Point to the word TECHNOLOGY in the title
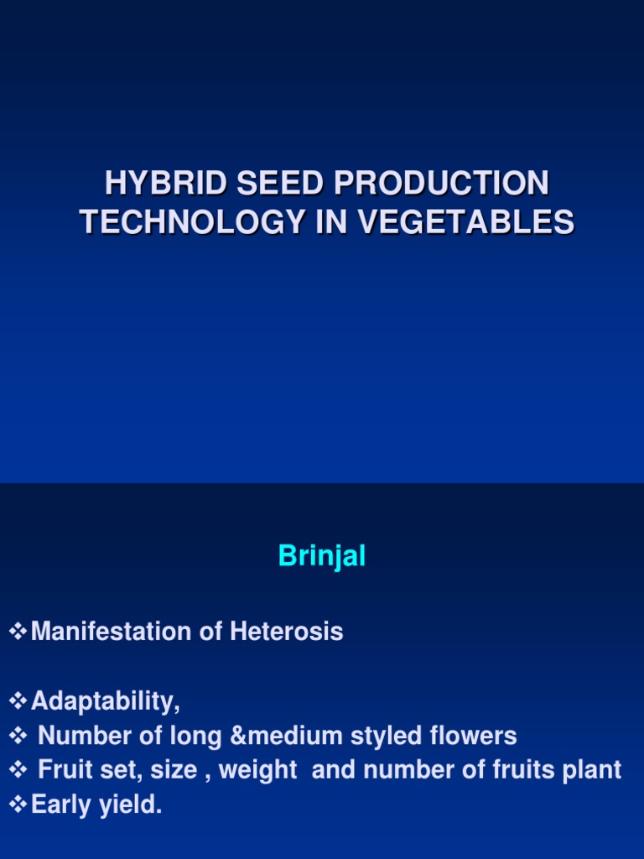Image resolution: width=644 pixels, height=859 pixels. click(x=191, y=222)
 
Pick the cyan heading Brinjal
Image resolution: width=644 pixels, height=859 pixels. click(x=322, y=556)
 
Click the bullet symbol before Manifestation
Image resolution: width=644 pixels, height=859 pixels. click(x=18, y=632)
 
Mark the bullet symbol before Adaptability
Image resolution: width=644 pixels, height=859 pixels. click(x=18, y=700)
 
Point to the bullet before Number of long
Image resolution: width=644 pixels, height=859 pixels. click(x=18, y=736)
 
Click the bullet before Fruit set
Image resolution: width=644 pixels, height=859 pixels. click(x=18, y=770)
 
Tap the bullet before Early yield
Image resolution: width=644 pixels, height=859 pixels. click(x=18, y=805)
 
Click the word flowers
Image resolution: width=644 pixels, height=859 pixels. click(x=475, y=736)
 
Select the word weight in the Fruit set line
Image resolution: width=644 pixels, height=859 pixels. click(x=258, y=770)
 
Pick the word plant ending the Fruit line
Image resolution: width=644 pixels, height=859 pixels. click(x=593, y=770)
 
